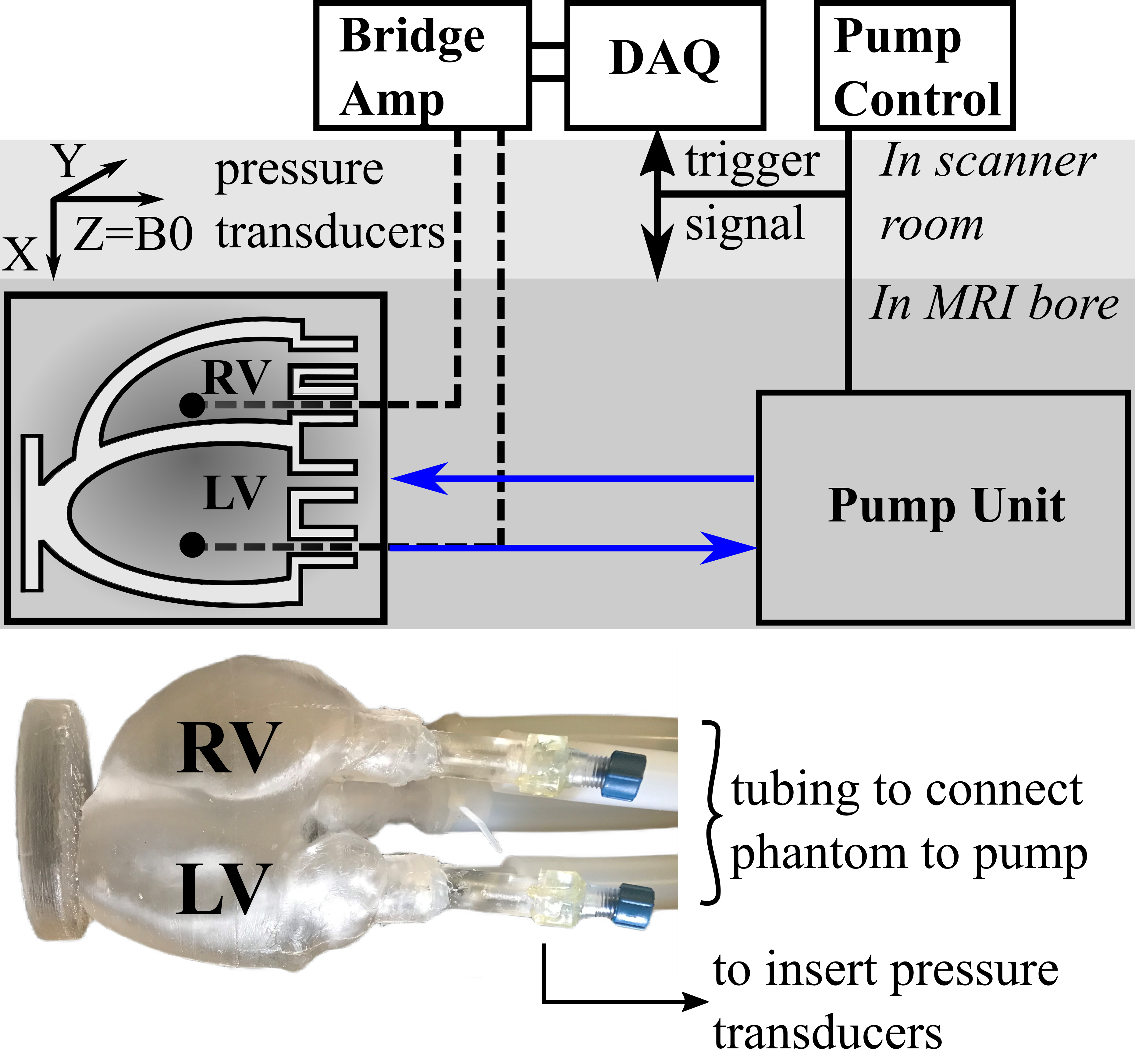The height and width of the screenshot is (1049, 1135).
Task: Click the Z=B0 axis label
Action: (x=134, y=234)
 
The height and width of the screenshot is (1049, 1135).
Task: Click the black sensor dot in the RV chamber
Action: (x=192, y=405)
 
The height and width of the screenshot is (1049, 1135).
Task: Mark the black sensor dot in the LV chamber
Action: (x=192, y=545)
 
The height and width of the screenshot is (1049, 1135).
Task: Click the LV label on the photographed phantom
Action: (x=221, y=888)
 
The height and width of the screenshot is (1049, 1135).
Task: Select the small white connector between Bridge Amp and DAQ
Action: (x=548, y=62)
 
